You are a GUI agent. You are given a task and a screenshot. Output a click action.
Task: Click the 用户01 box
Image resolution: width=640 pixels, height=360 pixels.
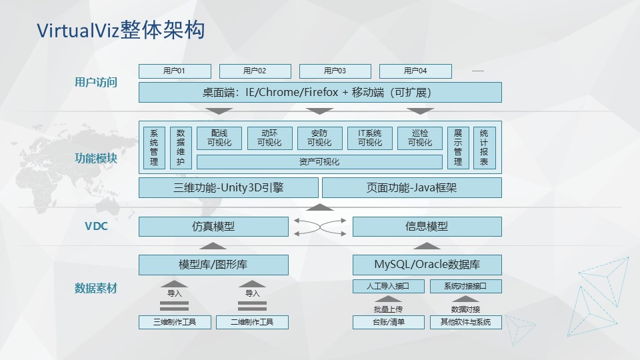coord(175,71)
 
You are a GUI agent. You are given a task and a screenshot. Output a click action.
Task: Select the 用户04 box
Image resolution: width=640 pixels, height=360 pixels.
coord(415,71)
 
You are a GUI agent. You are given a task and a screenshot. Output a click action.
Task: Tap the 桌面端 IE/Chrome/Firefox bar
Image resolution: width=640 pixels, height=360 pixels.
coord(320,92)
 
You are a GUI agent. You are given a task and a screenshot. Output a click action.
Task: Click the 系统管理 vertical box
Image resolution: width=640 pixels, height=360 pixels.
coord(154,148)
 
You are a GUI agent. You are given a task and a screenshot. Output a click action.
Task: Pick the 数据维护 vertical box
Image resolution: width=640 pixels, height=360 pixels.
coord(181,148)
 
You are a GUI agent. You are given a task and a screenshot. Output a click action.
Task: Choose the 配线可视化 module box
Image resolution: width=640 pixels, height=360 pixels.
coord(219,139)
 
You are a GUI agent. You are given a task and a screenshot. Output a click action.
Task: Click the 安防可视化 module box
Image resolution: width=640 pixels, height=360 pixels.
coord(319,139)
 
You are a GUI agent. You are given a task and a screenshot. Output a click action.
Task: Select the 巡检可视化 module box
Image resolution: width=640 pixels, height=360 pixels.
coord(420,139)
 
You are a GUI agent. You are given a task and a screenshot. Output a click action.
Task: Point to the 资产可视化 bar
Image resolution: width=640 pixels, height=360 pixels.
coord(319,162)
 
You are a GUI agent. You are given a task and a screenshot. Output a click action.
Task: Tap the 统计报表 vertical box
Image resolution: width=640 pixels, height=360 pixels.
coord(485,148)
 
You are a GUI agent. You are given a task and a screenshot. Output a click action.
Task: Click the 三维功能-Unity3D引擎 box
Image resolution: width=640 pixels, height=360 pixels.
coord(229,188)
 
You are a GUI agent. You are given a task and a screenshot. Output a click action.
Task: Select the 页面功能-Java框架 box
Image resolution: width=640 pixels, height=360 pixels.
coord(412,188)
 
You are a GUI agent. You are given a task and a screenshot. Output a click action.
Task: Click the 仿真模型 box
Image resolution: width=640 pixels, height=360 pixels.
coord(213,227)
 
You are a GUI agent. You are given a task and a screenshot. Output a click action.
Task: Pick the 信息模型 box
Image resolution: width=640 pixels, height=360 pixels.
coord(427,227)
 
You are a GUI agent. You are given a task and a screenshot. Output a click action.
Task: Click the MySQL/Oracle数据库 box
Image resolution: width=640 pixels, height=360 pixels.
coord(427,265)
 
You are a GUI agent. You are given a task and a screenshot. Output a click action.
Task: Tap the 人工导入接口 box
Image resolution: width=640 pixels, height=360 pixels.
coord(389,286)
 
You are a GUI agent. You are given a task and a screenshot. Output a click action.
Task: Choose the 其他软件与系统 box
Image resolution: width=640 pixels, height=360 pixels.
coord(466,322)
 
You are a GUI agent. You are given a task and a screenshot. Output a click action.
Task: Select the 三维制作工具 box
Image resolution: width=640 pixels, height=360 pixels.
coord(175,322)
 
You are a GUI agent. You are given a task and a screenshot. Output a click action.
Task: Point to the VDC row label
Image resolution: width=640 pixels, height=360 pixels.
coord(96,227)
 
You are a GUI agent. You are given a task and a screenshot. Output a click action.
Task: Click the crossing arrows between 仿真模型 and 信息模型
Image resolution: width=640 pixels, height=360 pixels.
coord(320,227)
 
